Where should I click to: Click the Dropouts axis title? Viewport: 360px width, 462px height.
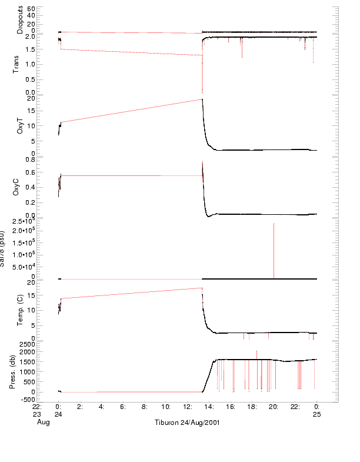pyautogui.click(x=20, y=19)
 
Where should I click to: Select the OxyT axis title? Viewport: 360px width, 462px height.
pyautogui.click(x=20, y=125)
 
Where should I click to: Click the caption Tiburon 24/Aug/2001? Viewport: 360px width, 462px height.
pyautogui.click(x=188, y=423)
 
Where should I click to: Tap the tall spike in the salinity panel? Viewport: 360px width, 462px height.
pyautogui.click(x=274, y=247)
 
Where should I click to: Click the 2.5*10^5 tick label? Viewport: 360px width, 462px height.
pyautogui.click(x=28, y=221)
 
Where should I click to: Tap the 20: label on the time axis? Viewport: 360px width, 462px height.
pyautogui.click(x=274, y=406)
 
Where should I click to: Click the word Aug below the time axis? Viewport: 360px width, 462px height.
pyautogui.click(x=43, y=423)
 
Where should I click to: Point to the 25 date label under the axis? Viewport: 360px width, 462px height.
pyautogui.click(x=316, y=414)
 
